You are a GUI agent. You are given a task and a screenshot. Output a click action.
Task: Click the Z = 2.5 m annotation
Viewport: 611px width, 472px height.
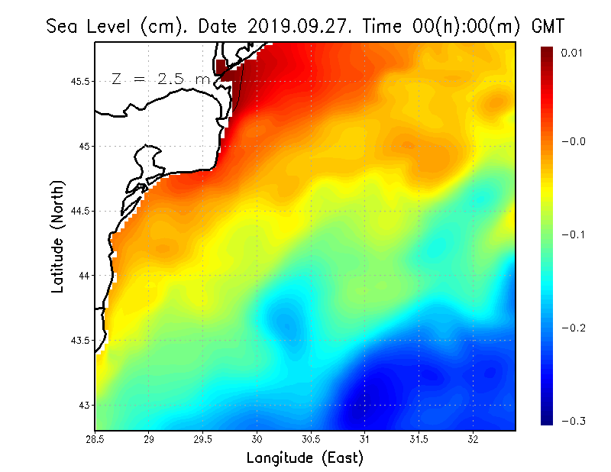click(160, 79)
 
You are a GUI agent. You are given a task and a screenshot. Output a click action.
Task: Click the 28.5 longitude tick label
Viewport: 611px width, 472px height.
click(95, 439)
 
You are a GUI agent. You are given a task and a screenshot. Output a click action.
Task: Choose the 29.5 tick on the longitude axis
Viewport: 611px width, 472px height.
click(203, 439)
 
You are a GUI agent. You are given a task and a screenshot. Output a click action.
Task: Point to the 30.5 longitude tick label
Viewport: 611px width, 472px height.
click(311, 439)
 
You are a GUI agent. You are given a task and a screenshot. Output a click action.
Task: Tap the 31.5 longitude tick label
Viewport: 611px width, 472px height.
click(419, 439)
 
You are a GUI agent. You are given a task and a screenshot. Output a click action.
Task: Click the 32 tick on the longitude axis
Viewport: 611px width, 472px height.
click(473, 439)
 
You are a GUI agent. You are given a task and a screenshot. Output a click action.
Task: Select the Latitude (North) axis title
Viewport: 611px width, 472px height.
click(58, 236)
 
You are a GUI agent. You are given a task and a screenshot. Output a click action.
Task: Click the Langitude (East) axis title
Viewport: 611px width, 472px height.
click(305, 458)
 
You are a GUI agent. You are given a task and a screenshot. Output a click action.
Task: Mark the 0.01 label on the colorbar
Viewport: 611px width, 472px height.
click(573, 53)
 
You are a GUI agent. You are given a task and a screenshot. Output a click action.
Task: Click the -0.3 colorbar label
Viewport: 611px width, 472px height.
click(573, 421)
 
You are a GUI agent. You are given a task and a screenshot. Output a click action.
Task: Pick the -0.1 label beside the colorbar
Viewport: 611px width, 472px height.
click(573, 234)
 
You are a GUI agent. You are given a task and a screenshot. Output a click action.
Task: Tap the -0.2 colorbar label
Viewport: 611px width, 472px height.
click(573, 328)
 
